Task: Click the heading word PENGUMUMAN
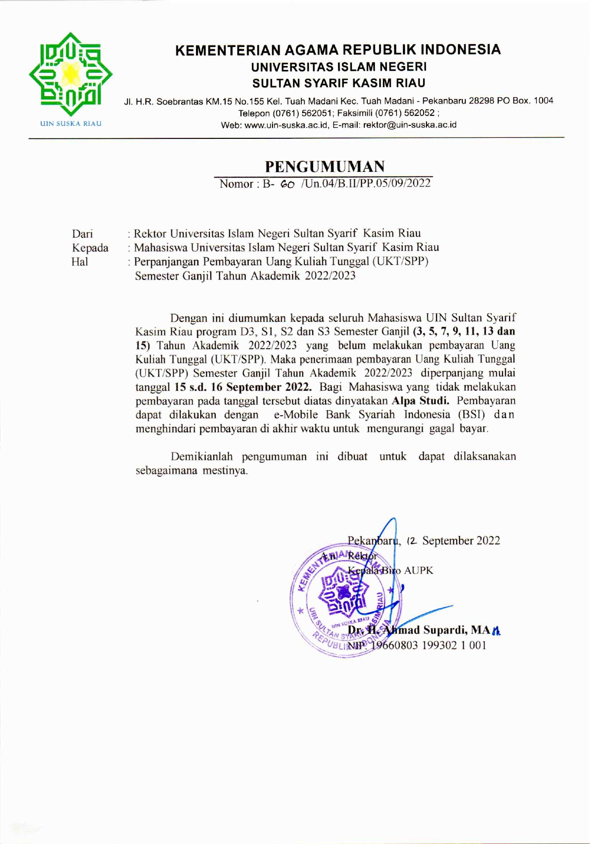tap(325, 167)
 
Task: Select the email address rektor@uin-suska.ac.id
tap(410, 125)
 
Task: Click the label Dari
tap(82, 234)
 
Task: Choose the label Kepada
tap(90, 248)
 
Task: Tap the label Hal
tap(80, 261)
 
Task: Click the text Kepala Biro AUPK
tap(390, 570)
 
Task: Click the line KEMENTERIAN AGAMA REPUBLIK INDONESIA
tap(338, 50)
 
